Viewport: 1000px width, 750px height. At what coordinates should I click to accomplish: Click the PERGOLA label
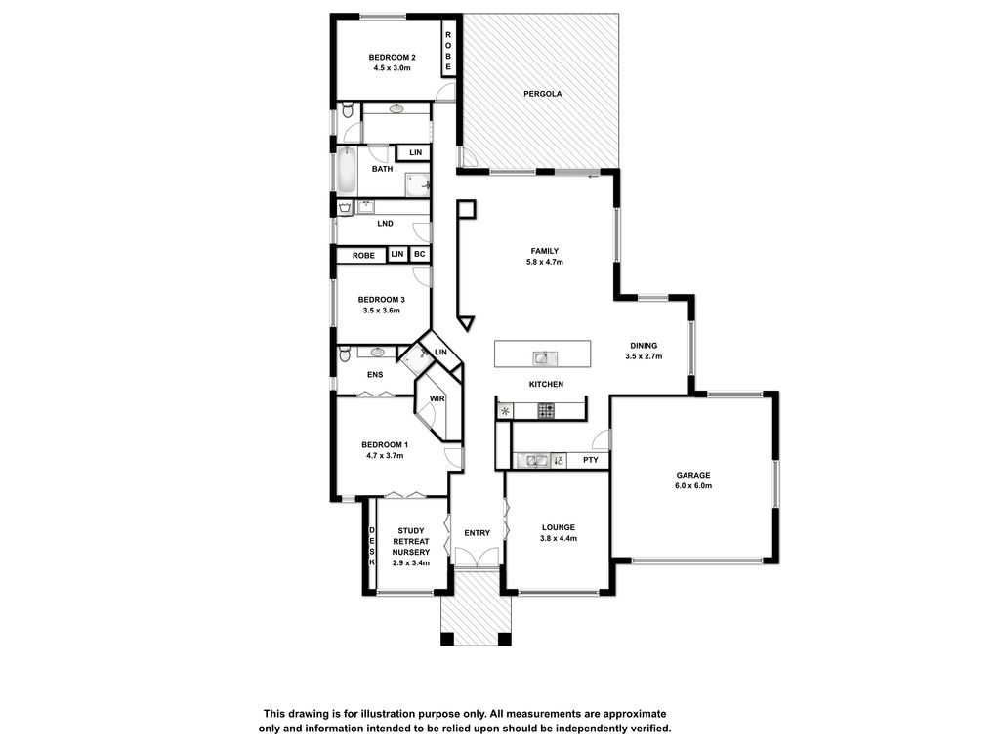(x=543, y=94)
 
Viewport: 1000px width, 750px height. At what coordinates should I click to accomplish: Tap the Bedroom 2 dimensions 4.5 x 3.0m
(x=392, y=68)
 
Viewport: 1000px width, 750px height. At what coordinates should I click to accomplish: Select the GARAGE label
(x=693, y=476)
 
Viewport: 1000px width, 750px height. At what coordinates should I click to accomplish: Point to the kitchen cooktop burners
(x=545, y=411)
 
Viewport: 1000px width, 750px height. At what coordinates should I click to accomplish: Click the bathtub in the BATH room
(x=347, y=171)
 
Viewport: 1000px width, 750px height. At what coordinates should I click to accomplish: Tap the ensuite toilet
(x=345, y=354)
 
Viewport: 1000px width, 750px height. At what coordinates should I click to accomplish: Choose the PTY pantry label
(x=591, y=460)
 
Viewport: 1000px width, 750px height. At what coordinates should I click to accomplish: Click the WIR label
(x=437, y=399)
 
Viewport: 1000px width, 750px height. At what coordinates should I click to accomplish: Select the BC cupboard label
(x=419, y=255)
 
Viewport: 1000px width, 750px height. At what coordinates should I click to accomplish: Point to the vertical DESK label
(x=372, y=547)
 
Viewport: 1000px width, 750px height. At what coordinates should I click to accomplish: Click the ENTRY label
(x=477, y=533)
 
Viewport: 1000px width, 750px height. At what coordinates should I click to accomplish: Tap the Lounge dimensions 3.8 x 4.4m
(x=558, y=538)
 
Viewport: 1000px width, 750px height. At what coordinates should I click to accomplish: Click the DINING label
(x=644, y=346)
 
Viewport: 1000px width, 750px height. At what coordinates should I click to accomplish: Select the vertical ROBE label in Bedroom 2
(x=448, y=51)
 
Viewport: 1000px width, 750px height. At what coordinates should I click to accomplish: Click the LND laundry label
(x=385, y=224)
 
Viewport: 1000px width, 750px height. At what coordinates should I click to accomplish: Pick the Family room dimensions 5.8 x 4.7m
(x=545, y=262)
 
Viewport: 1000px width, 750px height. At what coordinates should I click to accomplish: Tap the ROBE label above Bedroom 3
(x=363, y=256)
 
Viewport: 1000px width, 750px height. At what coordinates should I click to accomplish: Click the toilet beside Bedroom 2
(x=347, y=110)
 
